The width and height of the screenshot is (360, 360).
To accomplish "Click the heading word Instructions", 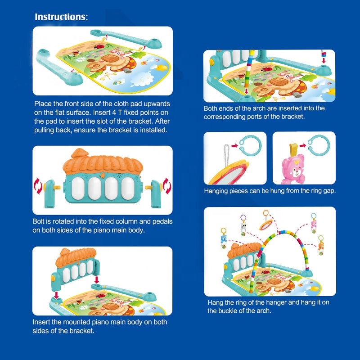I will [x=61, y=17].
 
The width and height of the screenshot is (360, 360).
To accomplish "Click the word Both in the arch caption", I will [x=211, y=108].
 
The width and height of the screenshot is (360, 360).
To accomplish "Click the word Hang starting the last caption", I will [x=215, y=302].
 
